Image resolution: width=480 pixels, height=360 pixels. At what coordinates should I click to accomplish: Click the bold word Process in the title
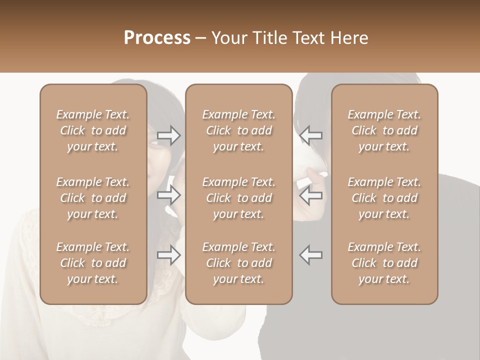(157, 38)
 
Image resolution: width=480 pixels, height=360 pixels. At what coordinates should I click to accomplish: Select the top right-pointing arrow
(168, 135)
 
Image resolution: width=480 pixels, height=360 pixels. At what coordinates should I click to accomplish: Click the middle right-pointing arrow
(168, 195)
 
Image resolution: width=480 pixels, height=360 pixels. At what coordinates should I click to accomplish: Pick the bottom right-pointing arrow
(168, 255)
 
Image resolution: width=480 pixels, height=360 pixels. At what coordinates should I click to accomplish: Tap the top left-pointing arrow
(311, 135)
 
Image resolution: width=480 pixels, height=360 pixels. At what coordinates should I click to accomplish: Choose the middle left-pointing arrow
(311, 195)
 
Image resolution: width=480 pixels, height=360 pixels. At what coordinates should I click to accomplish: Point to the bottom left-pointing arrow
(311, 254)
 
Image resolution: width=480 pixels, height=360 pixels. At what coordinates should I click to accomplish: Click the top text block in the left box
(93, 130)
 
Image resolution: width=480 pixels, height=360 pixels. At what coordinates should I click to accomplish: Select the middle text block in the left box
(93, 198)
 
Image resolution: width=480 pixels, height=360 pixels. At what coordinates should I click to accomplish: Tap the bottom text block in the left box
(93, 263)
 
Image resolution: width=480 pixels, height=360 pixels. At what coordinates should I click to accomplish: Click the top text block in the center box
(238, 130)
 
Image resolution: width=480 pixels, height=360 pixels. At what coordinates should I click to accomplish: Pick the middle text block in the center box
(238, 198)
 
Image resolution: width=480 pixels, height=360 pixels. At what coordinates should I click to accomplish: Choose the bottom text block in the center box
(238, 263)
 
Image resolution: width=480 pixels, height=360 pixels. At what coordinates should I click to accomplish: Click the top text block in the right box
(384, 130)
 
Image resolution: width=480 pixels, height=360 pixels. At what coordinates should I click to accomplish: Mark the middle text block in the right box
(384, 198)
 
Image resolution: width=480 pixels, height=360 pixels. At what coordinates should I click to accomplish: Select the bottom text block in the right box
(384, 263)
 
